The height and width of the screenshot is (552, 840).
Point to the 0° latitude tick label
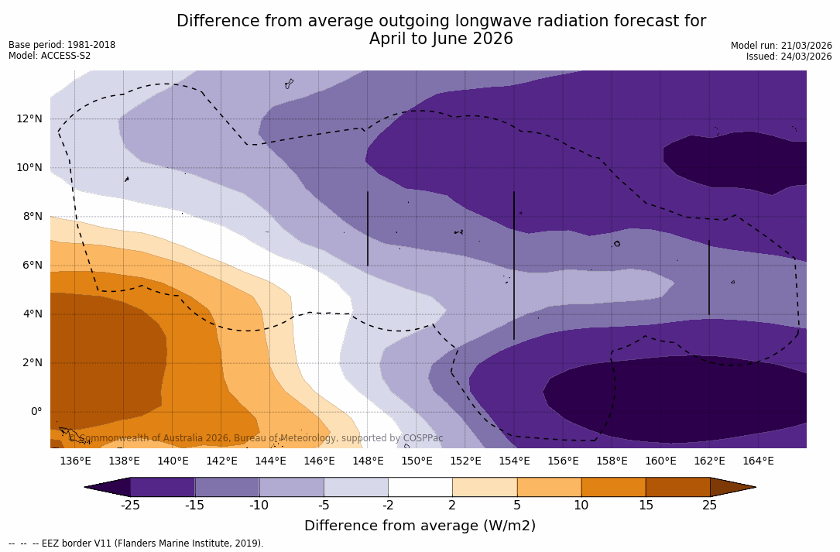pyautogui.click(x=36, y=411)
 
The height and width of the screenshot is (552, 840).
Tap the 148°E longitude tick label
pyautogui.click(x=368, y=461)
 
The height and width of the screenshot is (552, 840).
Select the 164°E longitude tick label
pyautogui.click(x=758, y=461)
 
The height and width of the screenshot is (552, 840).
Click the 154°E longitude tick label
pyautogui.click(x=514, y=461)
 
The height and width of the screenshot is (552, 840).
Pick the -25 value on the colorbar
pyautogui.click(x=130, y=506)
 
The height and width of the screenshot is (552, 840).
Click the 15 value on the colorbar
pyautogui.click(x=645, y=506)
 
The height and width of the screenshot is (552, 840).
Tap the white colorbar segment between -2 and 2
pyautogui.click(x=420, y=487)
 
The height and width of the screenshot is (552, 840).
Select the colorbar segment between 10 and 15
pyautogui.click(x=613, y=487)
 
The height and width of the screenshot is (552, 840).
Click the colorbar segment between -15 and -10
pyautogui.click(x=227, y=487)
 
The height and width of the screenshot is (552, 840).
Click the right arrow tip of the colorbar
pyautogui.click(x=754, y=487)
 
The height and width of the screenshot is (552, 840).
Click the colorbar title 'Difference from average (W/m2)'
pyautogui.click(x=420, y=526)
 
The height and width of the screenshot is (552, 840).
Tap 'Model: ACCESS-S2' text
pyautogui.click(x=50, y=56)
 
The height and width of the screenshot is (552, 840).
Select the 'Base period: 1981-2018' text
pyautogui.click(x=62, y=45)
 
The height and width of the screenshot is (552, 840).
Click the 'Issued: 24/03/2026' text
pyautogui.click(x=789, y=57)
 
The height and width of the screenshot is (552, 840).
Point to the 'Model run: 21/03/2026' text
pyautogui.click(x=781, y=46)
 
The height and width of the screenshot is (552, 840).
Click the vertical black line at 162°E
pyautogui.click(x=708, y=277)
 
